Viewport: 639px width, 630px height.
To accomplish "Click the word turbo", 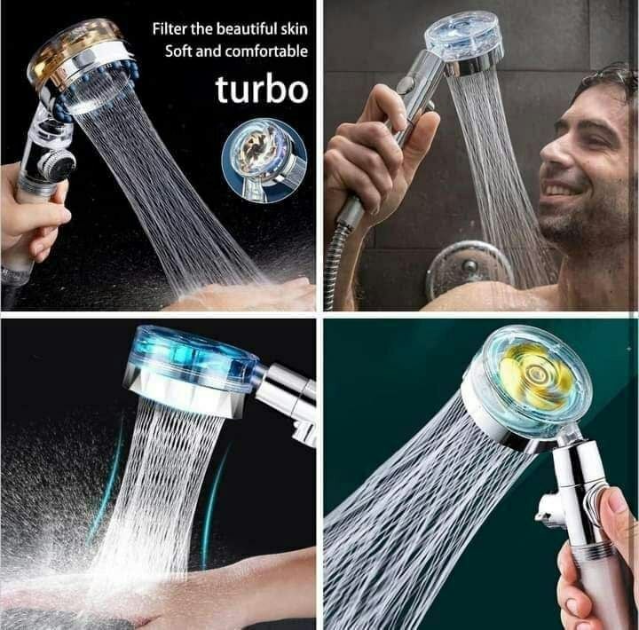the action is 262,89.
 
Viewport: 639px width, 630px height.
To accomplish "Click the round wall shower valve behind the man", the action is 469,270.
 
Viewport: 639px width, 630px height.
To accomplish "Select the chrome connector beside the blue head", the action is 285,392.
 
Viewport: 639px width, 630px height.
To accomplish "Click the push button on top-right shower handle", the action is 405,84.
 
